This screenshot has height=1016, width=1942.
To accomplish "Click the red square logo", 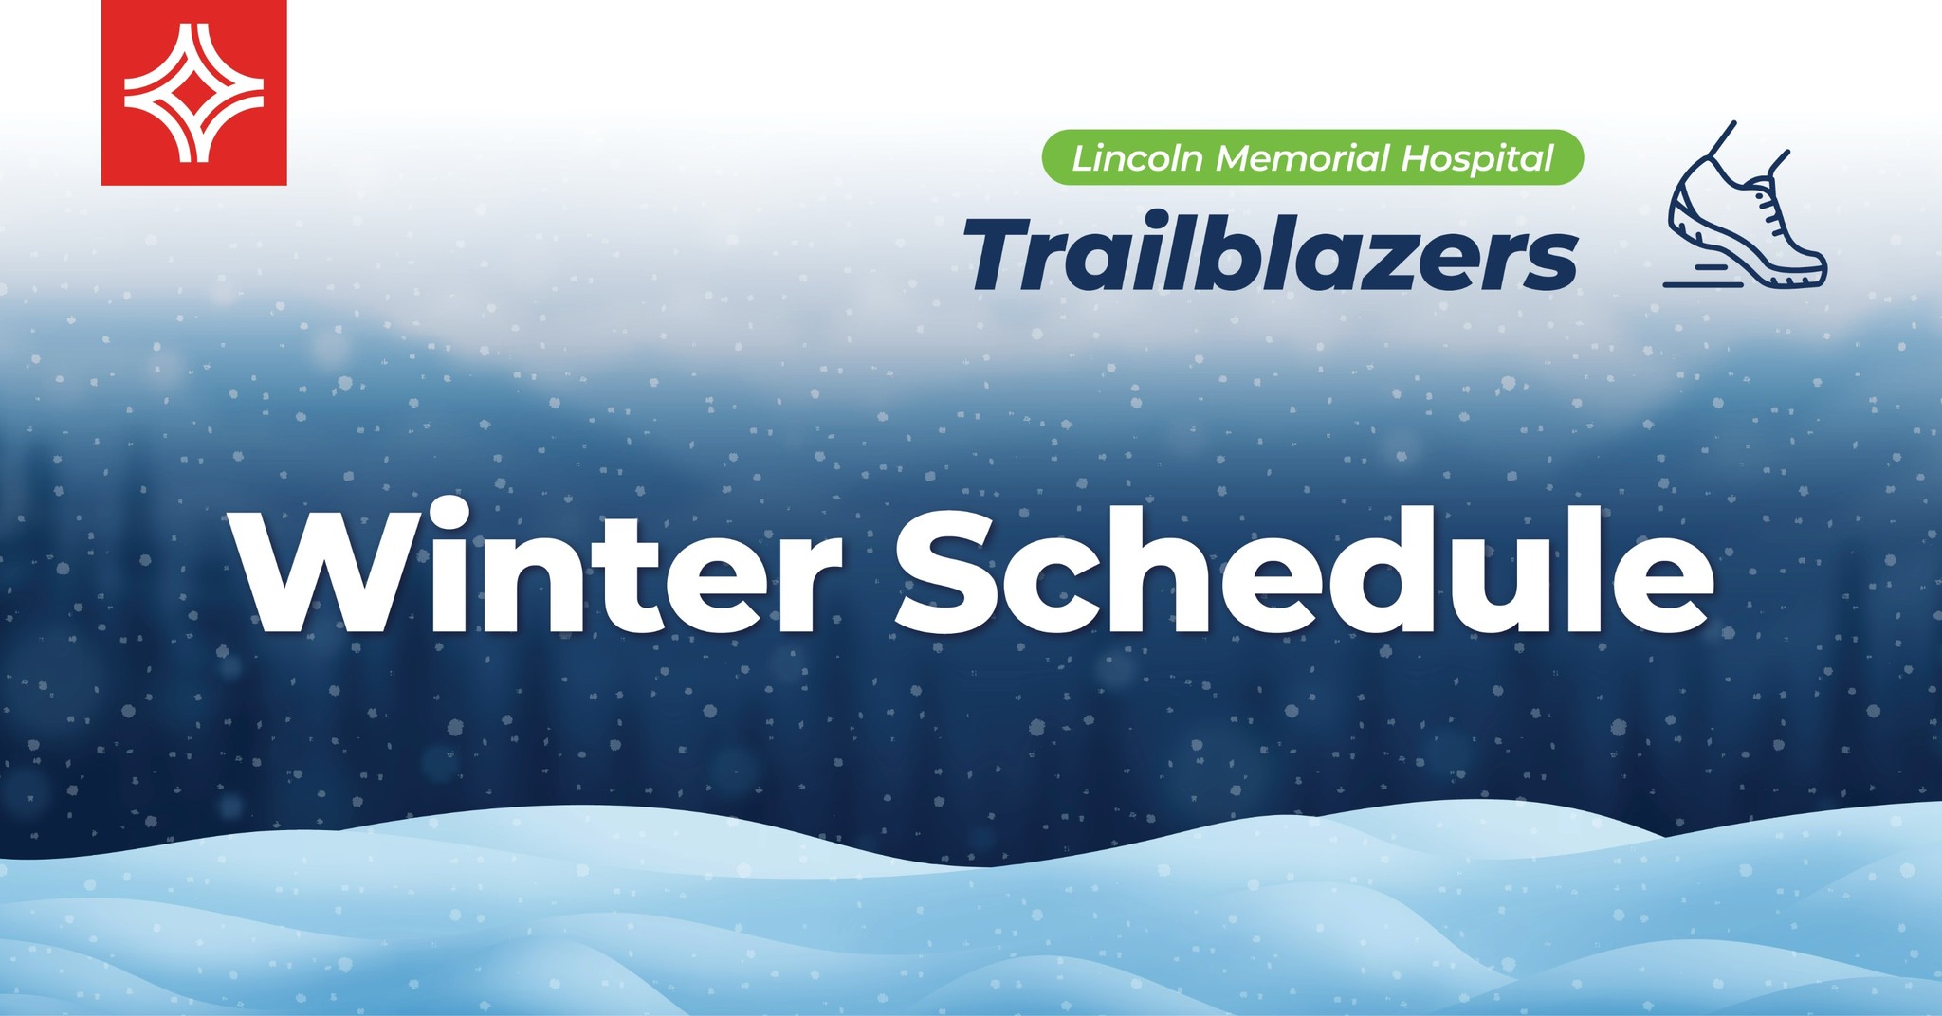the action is click(193, 92).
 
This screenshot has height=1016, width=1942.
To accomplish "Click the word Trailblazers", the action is click(1271, 254).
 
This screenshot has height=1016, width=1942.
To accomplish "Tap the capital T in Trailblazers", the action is click(1006, 255).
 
